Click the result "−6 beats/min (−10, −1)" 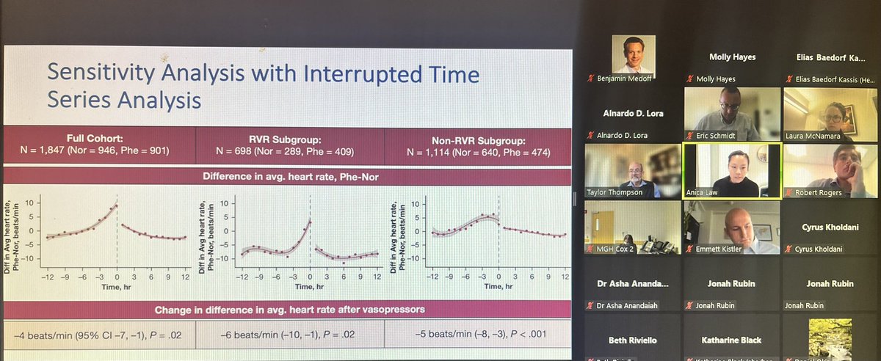coord(289,335)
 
